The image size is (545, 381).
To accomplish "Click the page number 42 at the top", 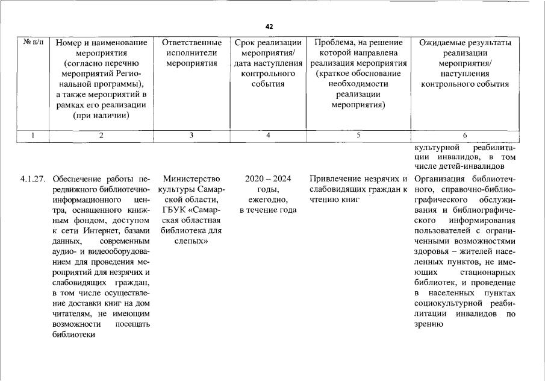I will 269,27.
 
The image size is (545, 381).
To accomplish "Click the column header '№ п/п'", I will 34,42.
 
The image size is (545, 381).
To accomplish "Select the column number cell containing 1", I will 34,135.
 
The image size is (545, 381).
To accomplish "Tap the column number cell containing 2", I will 101,135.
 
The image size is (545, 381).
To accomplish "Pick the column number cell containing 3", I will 191,135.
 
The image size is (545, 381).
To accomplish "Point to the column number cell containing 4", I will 268,135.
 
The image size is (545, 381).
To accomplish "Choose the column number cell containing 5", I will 358,135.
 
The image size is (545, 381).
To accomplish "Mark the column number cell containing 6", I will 465,135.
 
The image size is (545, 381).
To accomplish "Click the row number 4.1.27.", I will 34,179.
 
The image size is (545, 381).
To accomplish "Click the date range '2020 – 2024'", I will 268,179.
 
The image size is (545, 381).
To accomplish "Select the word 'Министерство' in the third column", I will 192,179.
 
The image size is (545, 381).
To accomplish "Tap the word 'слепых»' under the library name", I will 191,241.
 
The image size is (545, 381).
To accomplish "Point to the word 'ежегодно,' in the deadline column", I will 268,200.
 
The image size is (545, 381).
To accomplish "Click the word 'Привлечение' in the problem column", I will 334,179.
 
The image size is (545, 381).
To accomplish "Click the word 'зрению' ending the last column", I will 429,324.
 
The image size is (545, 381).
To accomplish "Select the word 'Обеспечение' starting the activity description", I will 79,179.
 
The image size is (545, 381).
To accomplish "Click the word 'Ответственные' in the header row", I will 191,43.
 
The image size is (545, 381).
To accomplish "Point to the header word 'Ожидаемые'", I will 443,43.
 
